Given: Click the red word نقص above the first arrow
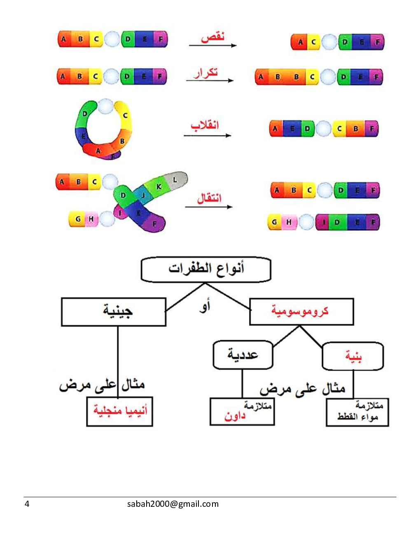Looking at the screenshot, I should tap(212, 37).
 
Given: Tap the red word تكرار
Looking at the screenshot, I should tap(205, 73).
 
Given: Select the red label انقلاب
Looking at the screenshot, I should tap(205, 125).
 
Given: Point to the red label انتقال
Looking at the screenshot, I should tap(209, 198).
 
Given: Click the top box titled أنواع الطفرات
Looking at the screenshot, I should tap(206, 269).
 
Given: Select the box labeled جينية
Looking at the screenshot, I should tap(114, 312).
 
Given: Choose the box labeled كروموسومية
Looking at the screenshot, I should tap(301, 311).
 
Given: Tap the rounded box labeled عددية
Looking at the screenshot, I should tap(243, 355).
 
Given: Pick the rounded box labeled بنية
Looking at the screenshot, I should tap(353, 356).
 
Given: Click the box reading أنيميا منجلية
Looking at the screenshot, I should tap(119, 411).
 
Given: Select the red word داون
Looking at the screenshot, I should tap(235, 416).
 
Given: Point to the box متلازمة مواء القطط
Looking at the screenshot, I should tap(357, 412).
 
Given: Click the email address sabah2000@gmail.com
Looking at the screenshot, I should tap(173, 504).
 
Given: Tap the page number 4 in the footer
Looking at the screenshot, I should tap(27, 504).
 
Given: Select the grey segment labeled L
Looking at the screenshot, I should tap(175, 180).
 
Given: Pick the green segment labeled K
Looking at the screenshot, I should tap(159, 187).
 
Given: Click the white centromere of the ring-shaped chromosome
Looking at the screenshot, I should tap(105, 107).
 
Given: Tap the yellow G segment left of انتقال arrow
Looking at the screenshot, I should tap(78, 219).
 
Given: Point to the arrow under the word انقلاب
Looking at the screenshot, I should tap(208, 135).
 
